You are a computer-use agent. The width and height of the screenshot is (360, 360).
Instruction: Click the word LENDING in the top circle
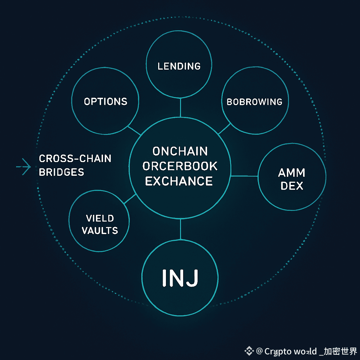(179, 66)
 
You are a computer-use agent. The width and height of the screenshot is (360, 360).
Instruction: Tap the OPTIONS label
(105, 102)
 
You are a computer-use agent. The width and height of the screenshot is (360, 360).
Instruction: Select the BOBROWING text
(255, 102)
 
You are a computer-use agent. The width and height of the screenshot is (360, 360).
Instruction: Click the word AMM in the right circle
(291, 173)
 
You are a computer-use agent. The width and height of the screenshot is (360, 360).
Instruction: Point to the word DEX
(292, 186)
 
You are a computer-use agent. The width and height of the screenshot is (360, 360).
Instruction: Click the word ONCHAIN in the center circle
(180, 152)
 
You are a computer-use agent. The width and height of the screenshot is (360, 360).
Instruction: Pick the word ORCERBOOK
(180, 166)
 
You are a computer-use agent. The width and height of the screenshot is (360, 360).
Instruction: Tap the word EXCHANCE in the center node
(179, 181)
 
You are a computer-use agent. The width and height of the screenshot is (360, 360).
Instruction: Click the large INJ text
(180, 277)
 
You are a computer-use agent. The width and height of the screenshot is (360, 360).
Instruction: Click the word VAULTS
(100, 231)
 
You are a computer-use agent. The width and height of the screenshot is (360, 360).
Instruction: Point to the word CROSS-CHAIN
(75, 159)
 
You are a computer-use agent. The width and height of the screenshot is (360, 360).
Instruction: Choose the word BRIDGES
(62, 172)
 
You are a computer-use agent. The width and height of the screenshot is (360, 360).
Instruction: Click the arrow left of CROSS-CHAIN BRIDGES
(24, 166)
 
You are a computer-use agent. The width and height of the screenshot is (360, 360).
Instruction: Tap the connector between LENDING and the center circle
(180, 108)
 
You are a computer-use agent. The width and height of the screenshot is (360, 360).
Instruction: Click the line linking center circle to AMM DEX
(244, 176)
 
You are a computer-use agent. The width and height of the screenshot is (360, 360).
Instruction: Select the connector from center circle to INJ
(180, 230)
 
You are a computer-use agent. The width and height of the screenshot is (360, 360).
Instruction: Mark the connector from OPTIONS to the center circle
(134, 131)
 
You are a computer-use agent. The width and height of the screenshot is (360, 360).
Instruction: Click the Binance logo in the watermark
(249, 351)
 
